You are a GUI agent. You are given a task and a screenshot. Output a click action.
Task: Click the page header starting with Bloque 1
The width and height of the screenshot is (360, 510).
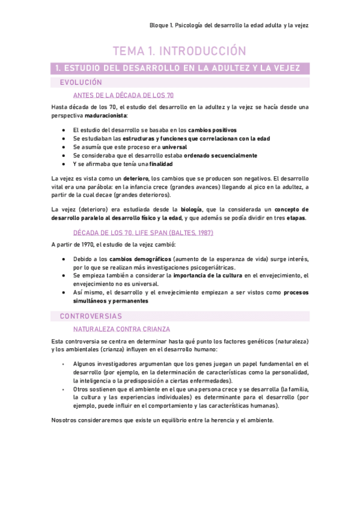[229, 26]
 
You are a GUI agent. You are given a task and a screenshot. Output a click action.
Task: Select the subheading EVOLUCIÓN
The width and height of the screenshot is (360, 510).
[81, 82]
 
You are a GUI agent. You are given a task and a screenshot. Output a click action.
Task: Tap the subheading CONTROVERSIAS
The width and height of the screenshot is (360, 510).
[91, 316]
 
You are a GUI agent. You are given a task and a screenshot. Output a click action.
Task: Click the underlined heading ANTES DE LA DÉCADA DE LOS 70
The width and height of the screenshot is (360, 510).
[124, 95]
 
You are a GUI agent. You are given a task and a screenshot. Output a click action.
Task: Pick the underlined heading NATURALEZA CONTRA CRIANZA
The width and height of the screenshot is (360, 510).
[121, 329]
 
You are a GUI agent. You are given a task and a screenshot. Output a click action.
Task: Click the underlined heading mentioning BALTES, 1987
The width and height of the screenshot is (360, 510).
[143, 232]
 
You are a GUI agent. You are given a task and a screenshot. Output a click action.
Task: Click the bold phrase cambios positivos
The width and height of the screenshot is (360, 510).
[212, 130]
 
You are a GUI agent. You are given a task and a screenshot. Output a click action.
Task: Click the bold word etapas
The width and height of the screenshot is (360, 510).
[296, 218]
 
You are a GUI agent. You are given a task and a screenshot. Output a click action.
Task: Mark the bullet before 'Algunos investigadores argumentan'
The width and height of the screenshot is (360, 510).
[63, 364]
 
